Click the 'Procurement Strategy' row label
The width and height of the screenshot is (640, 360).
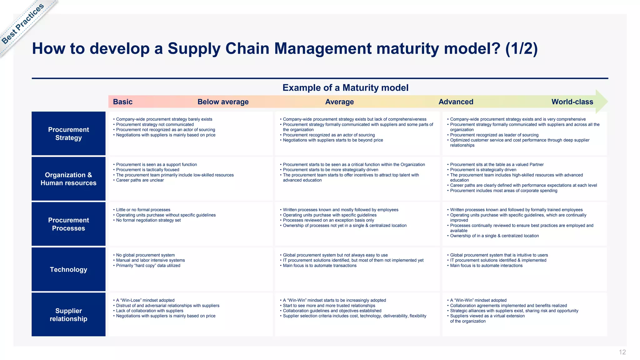pos(68,133)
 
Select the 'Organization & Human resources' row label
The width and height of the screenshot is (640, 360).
pos(68,179)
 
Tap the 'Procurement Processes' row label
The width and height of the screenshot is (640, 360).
pos(68,224)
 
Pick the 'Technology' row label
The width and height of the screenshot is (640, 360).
pos(68,269)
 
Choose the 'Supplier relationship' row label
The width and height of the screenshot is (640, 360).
pos(68,315)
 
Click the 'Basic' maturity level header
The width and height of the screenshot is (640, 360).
pos(122,102)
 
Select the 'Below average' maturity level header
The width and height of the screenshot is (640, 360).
pos(223,102)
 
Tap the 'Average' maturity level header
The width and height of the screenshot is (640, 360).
pos(339,102)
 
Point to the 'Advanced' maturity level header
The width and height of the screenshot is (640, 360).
pos(456,102)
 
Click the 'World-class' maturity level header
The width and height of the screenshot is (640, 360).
pos(572,102)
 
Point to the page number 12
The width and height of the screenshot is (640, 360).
pos(622,352)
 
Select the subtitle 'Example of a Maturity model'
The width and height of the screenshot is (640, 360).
pos(345,88)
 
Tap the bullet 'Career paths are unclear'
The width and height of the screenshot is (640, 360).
pos(140,180)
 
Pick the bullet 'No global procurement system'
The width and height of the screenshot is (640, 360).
pos(145,255)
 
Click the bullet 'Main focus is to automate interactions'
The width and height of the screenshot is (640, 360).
pos(486,266)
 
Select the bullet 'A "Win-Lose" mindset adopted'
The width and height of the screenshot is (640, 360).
pos(145,300)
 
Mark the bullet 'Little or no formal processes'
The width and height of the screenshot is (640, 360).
pos(143,210)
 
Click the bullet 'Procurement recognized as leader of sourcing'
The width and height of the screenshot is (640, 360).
pos(494,135)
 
